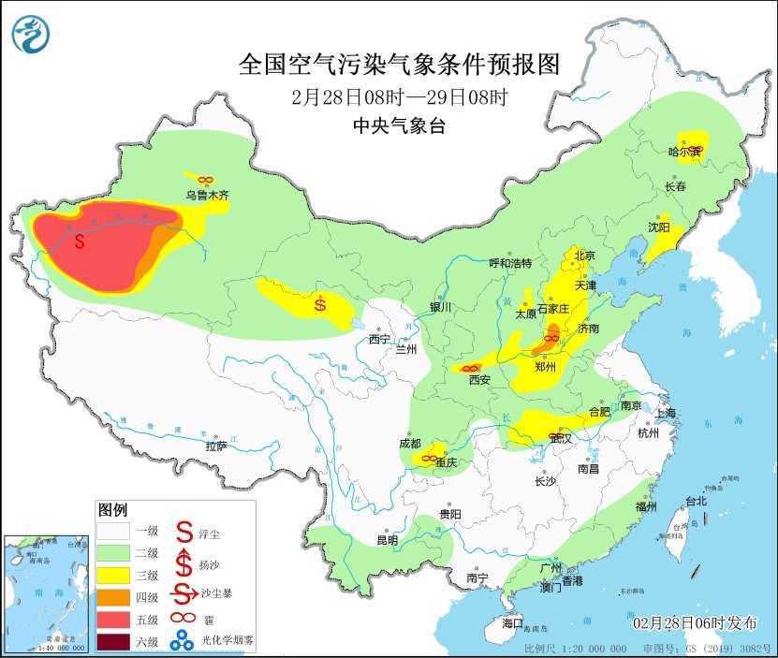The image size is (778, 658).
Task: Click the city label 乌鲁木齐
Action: [207, 196]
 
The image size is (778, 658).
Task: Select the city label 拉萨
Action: [215, 446]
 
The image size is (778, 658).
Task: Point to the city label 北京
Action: [584, 255]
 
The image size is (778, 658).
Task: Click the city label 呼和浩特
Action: [509, 263]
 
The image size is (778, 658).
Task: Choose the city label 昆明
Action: [387, 540]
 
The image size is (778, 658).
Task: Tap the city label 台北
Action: [696, 502]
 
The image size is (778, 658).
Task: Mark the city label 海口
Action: [512, 622]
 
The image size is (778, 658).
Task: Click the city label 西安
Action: [479, 380]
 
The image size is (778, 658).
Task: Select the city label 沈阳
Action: [658, 227]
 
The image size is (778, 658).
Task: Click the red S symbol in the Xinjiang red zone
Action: [80, 241]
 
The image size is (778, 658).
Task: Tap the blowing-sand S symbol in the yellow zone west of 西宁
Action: [320, 303]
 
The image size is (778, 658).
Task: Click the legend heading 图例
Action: [112, 510]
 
